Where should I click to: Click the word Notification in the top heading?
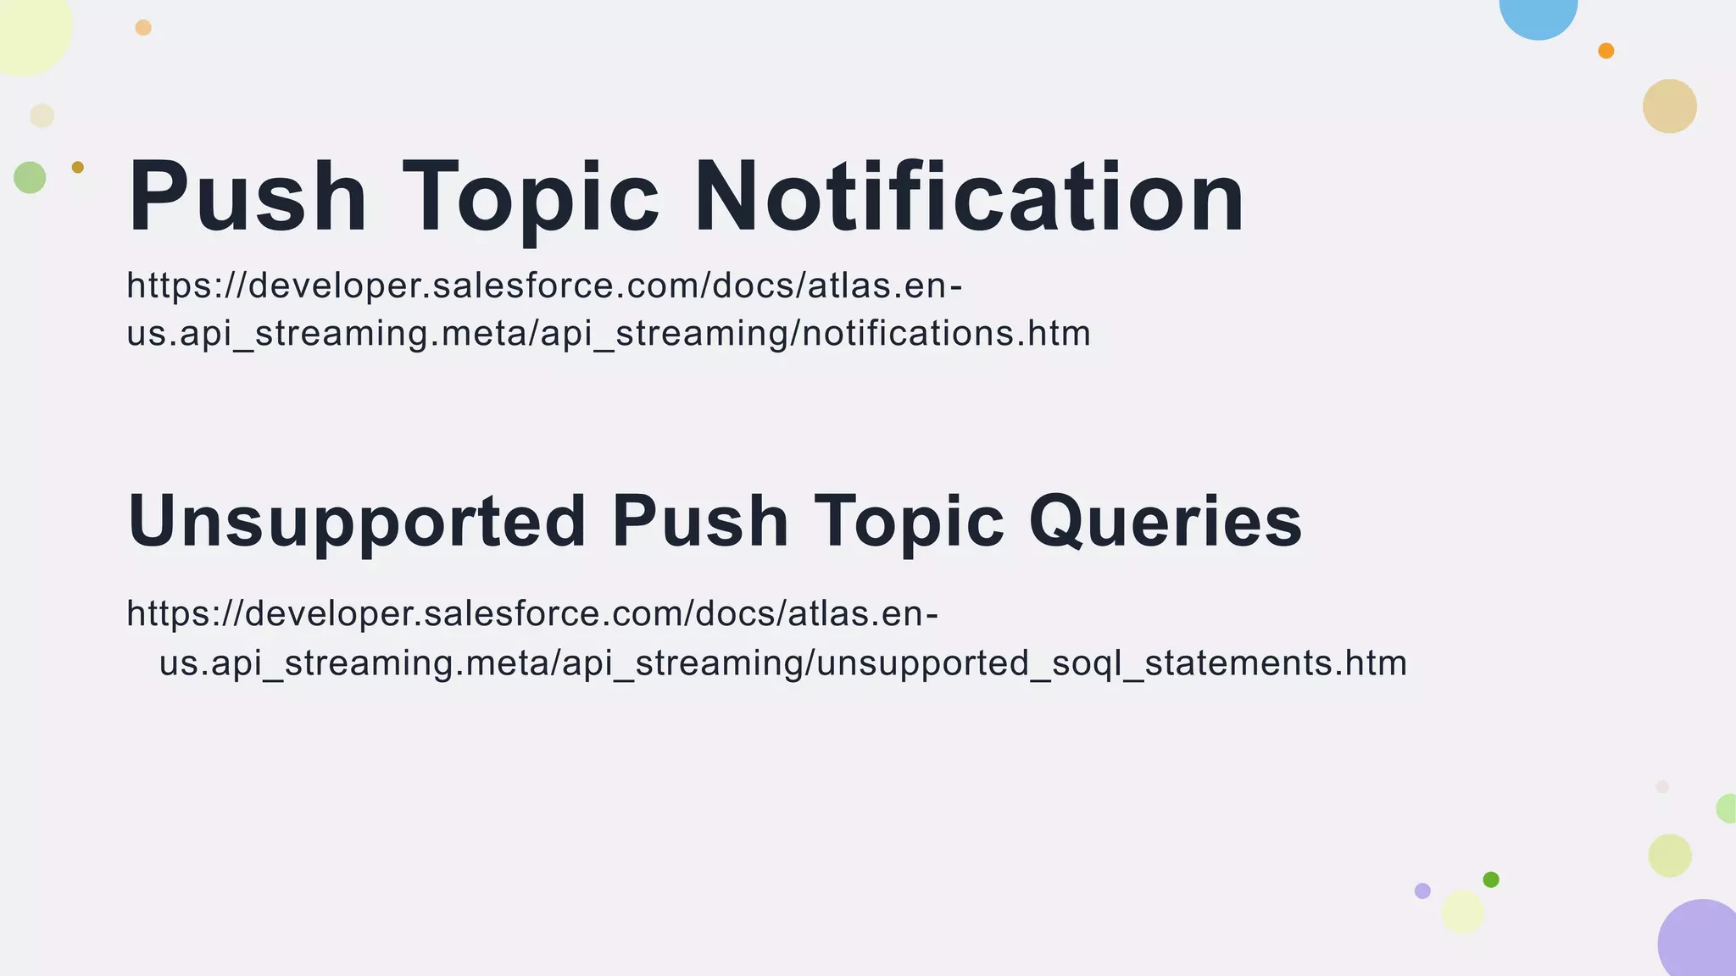969,197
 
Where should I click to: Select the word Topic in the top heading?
531,197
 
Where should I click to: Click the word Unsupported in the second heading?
357,522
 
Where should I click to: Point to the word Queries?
1166,522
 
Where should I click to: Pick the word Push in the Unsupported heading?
700,522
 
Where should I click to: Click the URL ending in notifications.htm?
609,332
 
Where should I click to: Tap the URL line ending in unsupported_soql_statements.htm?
782,663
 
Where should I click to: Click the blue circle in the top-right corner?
1538,12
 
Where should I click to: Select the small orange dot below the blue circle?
1605,51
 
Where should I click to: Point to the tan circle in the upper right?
1669,106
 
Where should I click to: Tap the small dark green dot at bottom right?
1491,879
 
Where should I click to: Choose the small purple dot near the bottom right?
1422,890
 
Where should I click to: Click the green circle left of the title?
30,178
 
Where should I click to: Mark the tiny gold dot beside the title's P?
78,167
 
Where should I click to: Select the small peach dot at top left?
143,28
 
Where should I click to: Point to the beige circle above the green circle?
42,115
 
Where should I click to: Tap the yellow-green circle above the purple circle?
1669,856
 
